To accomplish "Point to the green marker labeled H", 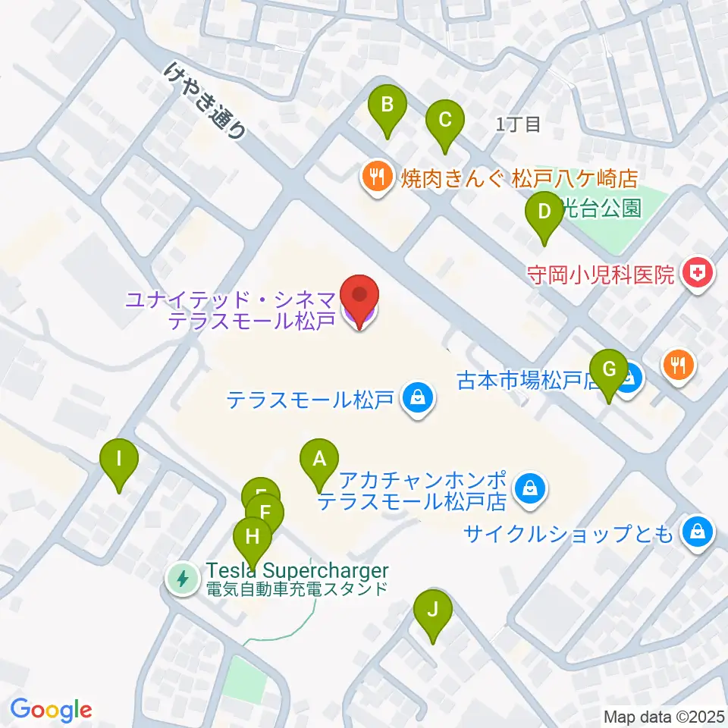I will point(253,539).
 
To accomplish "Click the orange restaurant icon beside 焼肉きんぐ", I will point(376,177).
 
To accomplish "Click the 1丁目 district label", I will point(518,125).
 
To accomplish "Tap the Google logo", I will point(51,710).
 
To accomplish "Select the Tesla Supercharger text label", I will point(297,571).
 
